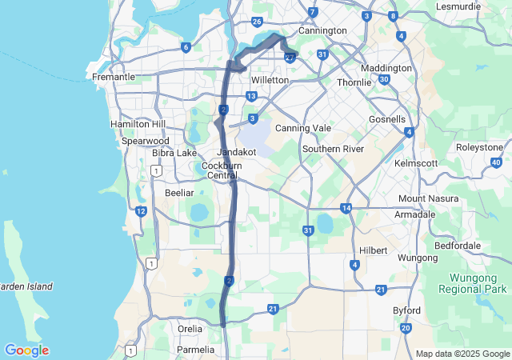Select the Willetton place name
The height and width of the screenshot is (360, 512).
pyautogui.click(x=270, y=81)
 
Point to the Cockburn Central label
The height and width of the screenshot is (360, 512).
pyautogui.click(x=222, y=170)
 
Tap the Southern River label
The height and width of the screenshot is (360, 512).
pyautogui.click(x=333, y=149)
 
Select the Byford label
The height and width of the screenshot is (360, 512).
pyautogui.click(x=407, y=308)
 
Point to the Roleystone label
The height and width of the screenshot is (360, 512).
pyautogui.click(x=479, y=147)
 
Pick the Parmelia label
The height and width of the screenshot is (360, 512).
pyautogui.click(x=195, y=350)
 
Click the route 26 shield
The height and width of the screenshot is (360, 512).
pyautogui.click(x=257, y=22)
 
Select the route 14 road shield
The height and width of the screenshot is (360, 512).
pyautogui.click(x=346, y=208)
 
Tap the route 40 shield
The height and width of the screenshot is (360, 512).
pyautogui.click(x=496, y=162)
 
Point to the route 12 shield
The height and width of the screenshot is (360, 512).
pyautogui.click(x=141, y=211)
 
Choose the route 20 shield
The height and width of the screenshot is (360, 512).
pyautogui.click(x=406, y=328)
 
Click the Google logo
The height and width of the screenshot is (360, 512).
pyautogui.click(x=26, y=350)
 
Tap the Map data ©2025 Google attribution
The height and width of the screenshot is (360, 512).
pyautogui.click(x=461, y=354)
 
